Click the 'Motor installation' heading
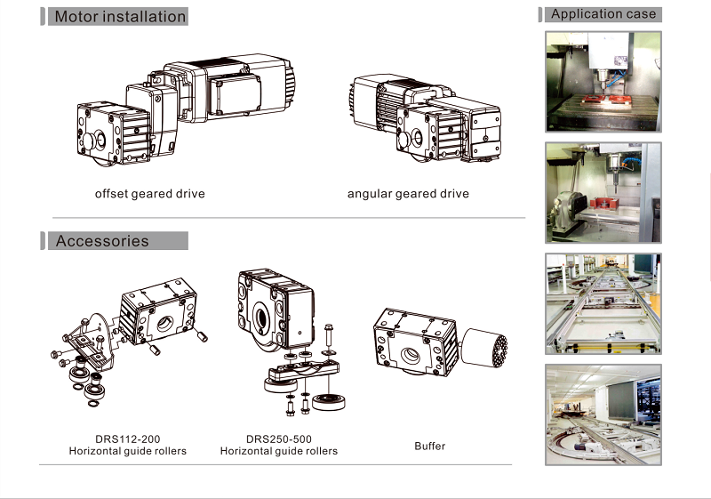click(x=120, y=17)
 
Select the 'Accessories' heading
click(x=102, y=241)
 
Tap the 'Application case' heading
click(x=603, y=13)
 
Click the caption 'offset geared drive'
click(x=150, y=193)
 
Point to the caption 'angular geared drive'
click(x=408, y=193)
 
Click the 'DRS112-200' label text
click(x=128, y=439)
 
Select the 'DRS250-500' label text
click(x=279, y=439)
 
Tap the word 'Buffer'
click(x=430, y=445)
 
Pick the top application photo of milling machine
click(x=603, y=81)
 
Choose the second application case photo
click(x=603, y=192)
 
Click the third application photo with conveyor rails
click(x=603, y=303)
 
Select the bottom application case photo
click(x=603, y=414)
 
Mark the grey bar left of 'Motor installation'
click(x=43, y=17)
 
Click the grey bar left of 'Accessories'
click(x=43, y=241)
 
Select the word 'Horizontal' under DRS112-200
click(x=98, y=451)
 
